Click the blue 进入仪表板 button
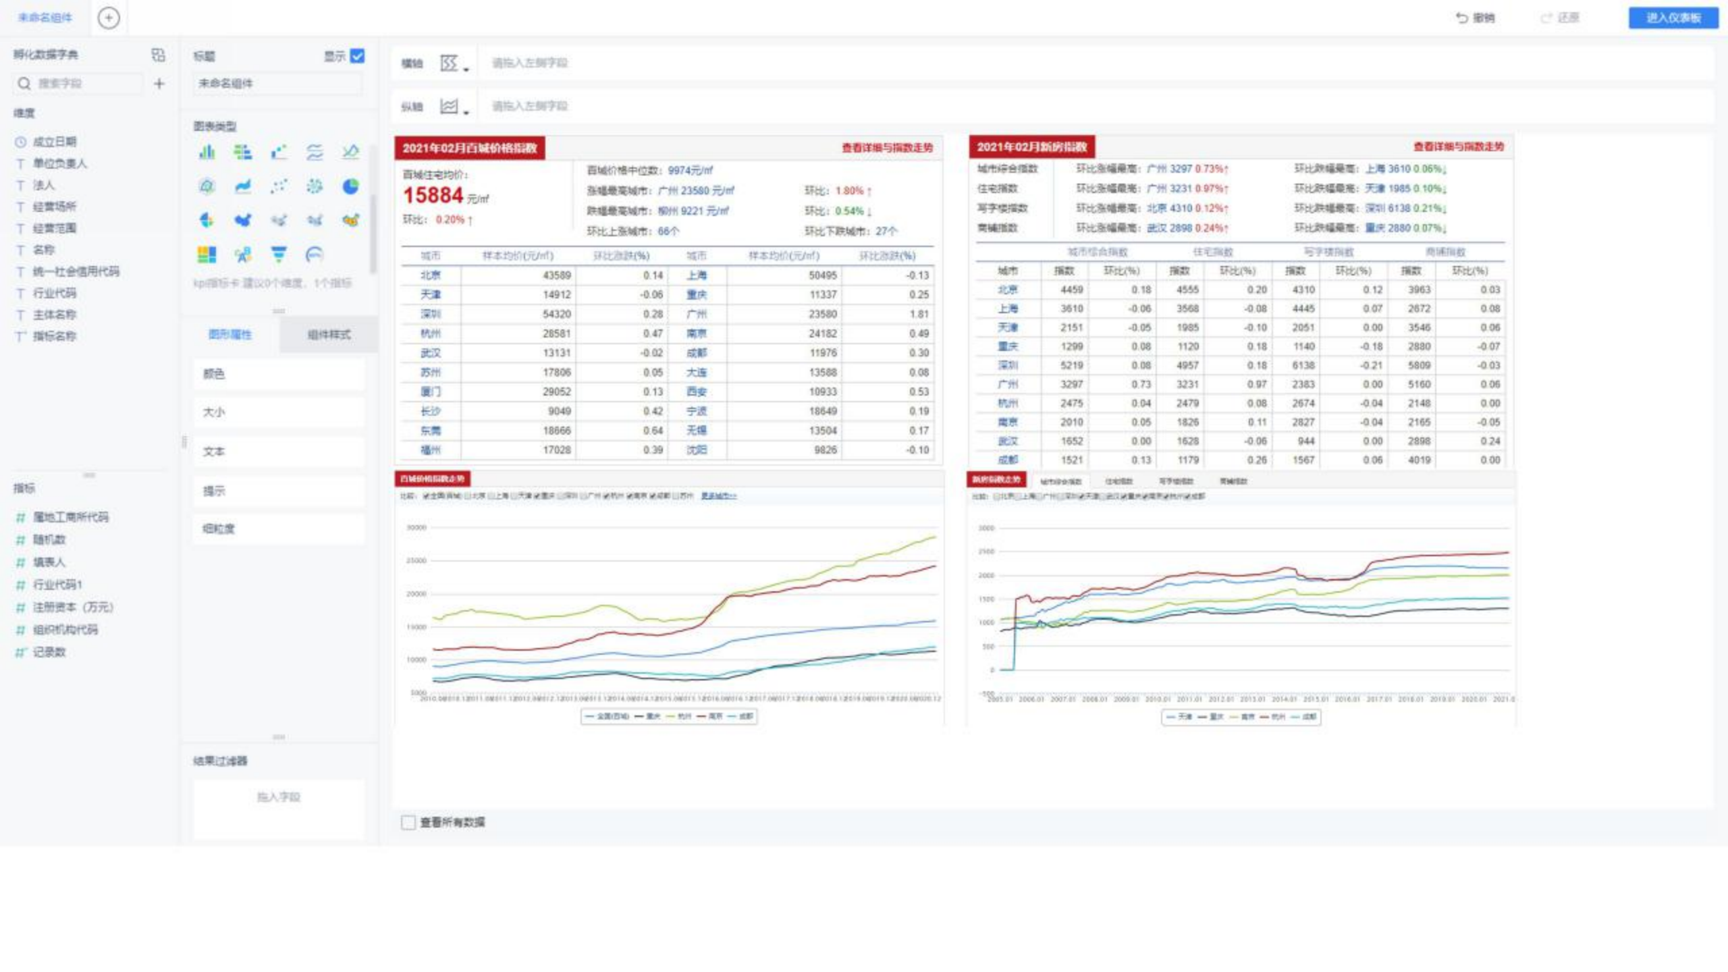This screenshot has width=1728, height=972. (1673, 18)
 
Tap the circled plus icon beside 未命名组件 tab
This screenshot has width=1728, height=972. (109, 18)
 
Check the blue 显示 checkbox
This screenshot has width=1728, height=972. (358, 56)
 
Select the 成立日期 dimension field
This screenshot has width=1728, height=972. (54, 142)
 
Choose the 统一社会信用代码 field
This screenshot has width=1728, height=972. (76, 271)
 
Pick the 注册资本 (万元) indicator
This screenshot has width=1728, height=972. (73, 607)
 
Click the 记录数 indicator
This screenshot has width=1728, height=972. (49, 652)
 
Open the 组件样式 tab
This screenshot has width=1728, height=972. (329, 335)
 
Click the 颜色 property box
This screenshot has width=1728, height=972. (278, 374)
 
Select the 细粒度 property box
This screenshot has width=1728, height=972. (278, 529)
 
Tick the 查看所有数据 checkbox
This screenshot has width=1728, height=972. (408, 822)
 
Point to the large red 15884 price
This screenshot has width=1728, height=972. (433, 196)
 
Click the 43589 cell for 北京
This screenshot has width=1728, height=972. (556, 275)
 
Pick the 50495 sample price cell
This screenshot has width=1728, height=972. (822, 275)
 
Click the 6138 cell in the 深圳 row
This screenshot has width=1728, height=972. (1303, 365)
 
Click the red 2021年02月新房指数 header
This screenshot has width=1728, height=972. (1031, 147)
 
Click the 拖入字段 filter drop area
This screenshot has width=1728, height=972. (278, 797)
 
